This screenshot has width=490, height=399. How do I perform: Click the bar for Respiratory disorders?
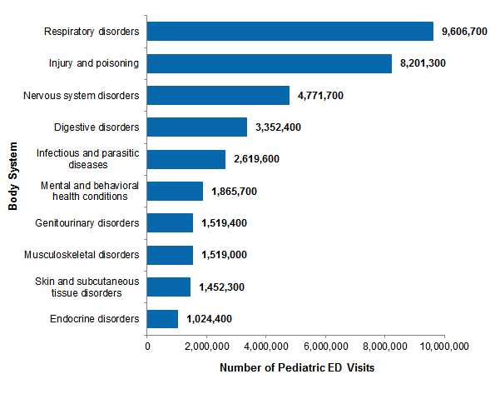click(x=290, y=32)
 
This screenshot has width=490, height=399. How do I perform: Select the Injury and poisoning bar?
click(x=269, y=63)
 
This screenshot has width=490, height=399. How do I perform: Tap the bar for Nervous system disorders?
click(x=218, y=95)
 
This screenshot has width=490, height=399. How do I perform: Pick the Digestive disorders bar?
click(x=197, y=127)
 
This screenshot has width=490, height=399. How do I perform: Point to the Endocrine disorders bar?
click(x=162, y=318)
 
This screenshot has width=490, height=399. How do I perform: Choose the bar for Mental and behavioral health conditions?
click(x=175, y=191)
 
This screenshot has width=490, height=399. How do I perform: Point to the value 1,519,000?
click(x=224, y=255)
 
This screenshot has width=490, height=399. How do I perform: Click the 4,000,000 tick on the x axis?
click(x=265, y=345)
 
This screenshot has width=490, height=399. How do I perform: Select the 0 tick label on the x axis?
click(x=147, y=345)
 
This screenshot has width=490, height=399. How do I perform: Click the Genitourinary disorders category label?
click(x=87, y=222)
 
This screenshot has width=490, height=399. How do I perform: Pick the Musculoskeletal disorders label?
click(x=84, y=255)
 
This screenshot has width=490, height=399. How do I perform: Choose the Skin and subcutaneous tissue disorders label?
click(x=87, y=287)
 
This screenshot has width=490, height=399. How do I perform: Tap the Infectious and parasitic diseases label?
click(x=87, y=159)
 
